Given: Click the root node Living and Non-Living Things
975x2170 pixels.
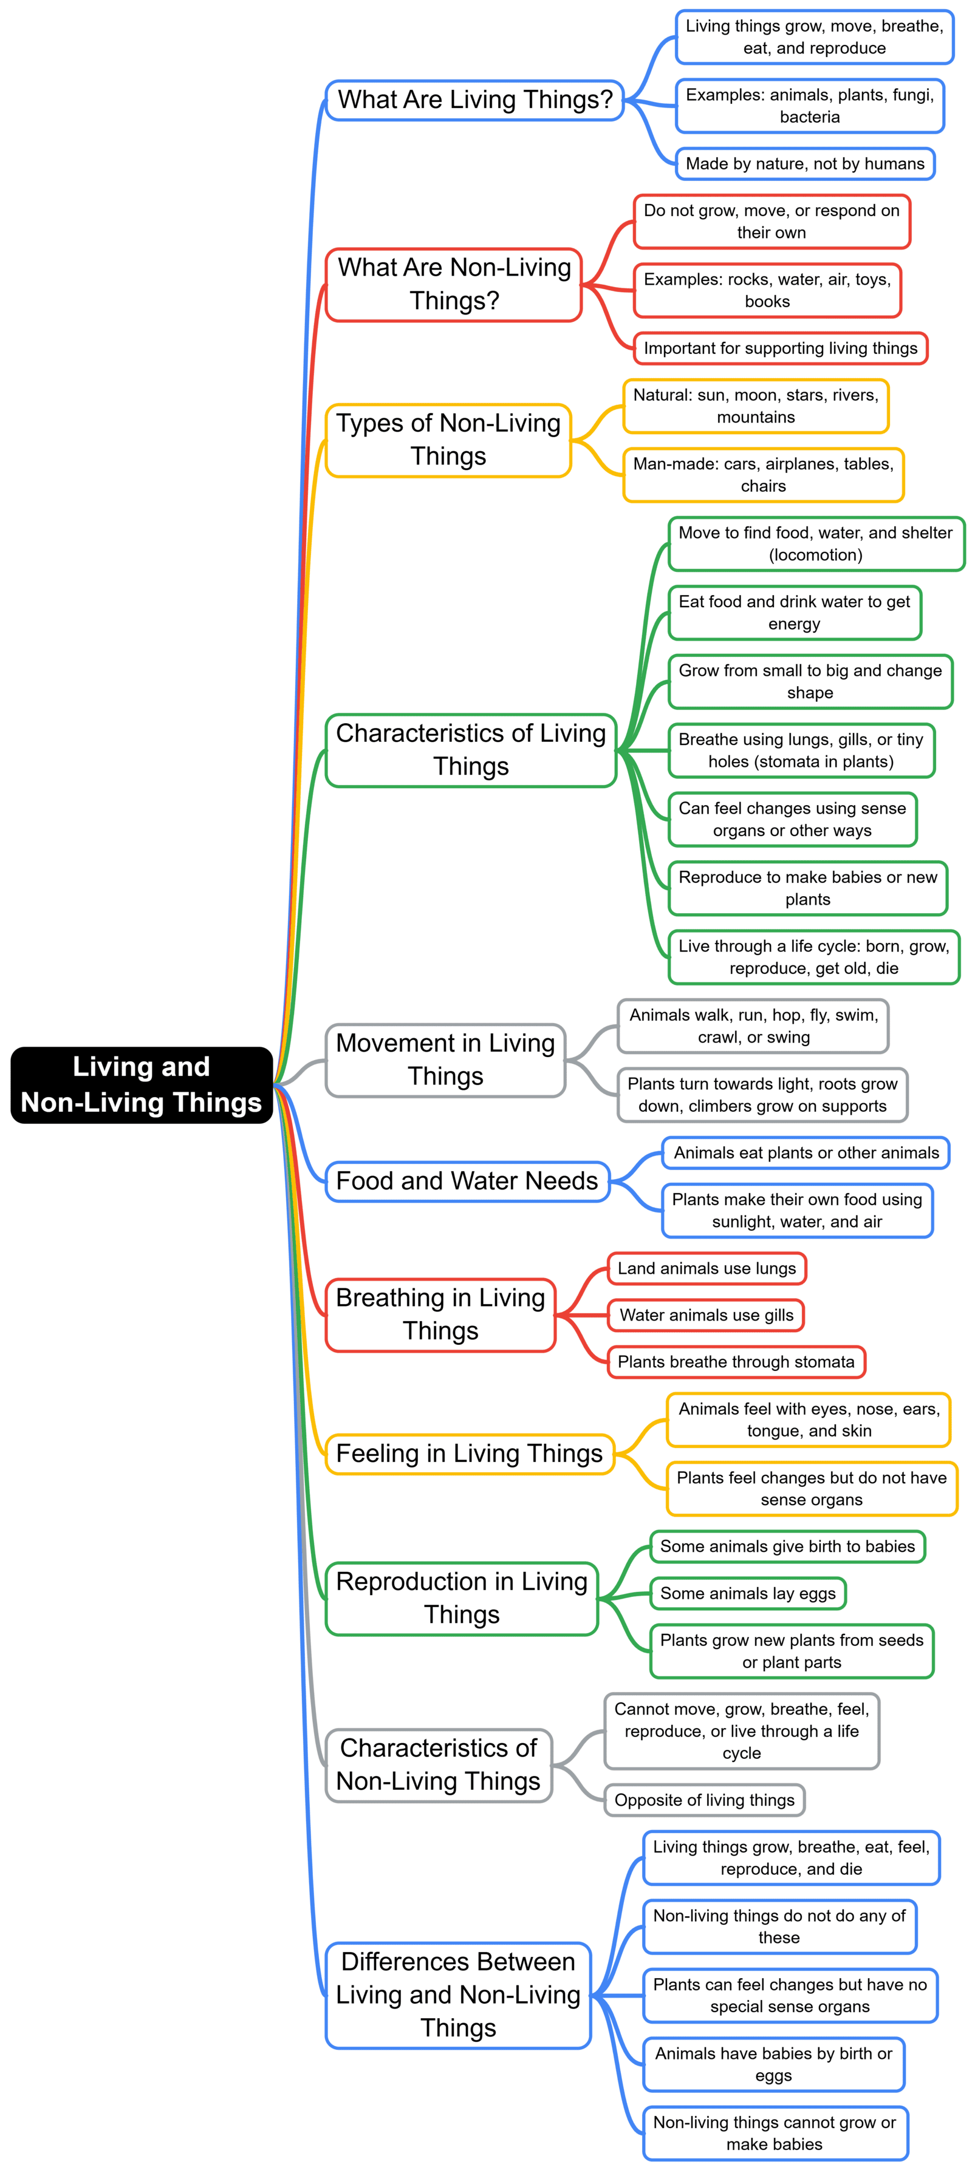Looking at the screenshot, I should click(142, 1084).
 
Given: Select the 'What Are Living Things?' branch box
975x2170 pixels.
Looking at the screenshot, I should click(474, 100).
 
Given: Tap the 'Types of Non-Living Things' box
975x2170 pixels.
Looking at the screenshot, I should click(448, 440).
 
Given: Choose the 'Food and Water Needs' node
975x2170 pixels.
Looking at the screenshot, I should click(467, 1181).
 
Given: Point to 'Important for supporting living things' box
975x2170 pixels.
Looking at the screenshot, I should click(781, 348).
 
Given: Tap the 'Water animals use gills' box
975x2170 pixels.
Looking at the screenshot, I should click(706, 1315).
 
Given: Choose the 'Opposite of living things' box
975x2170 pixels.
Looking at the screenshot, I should click(705, 1800).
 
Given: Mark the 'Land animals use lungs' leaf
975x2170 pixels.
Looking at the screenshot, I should click(706, 1268).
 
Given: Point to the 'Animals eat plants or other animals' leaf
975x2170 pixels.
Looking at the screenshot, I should click(806, 1152).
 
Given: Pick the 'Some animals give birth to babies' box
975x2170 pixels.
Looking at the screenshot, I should click(787, 1546).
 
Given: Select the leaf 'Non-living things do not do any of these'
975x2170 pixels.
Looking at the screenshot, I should click(779, 1927).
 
